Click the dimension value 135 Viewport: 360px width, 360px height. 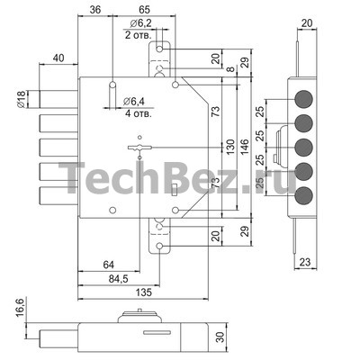point(144,292)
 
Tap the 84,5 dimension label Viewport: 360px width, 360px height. point(118,279)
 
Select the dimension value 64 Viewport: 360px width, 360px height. point(108,265)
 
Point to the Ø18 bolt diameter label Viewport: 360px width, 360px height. point(21,99)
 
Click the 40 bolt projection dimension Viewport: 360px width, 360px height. point(58,58)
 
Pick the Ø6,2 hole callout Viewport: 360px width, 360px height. point(141,23)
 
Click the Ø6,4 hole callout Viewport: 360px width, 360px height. point(134,102)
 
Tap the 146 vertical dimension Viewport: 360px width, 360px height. point(245,147)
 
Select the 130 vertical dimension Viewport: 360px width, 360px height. point(230,147)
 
